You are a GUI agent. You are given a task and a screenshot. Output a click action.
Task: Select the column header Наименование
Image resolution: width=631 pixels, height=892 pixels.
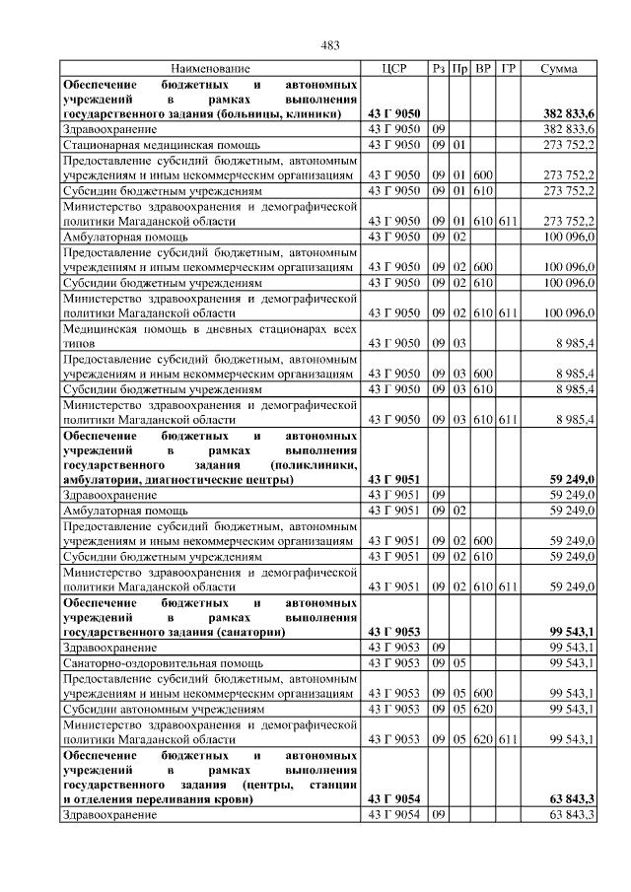point(210,69)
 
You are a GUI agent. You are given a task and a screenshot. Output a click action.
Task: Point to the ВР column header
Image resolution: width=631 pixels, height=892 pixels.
point(483,69)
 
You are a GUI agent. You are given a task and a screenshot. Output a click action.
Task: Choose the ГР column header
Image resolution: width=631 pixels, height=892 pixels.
point(507,69)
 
